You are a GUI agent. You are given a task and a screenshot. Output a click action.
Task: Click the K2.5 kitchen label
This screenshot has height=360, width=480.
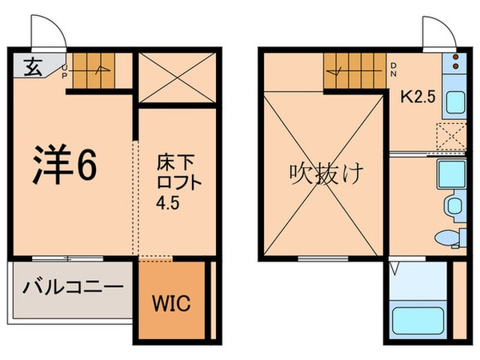click(416, 99)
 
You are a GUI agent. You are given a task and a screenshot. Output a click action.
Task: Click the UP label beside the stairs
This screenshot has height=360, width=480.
click(66, 70)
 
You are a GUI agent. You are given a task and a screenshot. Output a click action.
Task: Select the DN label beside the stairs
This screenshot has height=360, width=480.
click(394, 70)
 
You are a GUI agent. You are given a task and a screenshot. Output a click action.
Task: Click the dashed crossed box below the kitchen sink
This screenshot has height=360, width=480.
click(449, 136)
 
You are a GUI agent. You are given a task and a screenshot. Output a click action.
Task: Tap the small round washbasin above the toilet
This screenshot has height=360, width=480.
click(453, 206)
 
